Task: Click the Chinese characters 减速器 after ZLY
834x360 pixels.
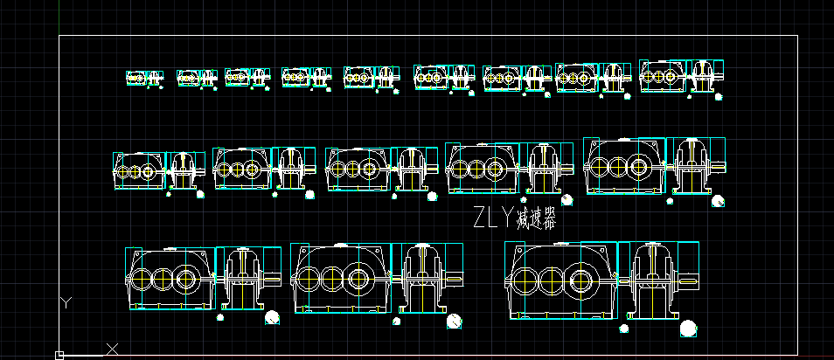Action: [536, 217]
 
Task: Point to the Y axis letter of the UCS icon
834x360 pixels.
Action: [66, 302]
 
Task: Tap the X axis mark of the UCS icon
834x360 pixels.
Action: [112, 349]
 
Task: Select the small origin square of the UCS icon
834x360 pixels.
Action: [59, 355]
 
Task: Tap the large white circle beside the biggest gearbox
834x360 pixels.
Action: [689, 328]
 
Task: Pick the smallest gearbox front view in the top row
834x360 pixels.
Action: [136, 78]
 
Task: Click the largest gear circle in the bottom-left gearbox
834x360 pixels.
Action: [185, 280]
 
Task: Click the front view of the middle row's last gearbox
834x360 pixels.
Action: [623, 167]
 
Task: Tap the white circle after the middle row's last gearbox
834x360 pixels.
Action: [718, 201]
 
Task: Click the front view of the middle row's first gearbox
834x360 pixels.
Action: [137, 171]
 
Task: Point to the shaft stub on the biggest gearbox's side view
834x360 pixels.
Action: [689, 281]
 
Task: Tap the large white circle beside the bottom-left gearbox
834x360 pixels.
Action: [272, 319]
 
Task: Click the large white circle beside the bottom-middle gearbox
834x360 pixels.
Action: [455, 322]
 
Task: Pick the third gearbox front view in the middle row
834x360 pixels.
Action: [357, 168]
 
